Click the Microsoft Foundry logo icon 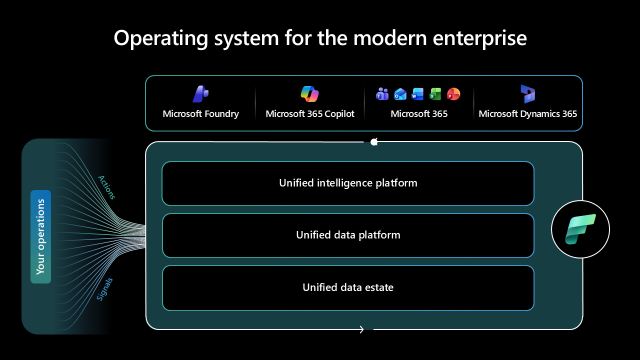click(200, 94)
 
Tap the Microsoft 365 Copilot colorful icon click(309, 94)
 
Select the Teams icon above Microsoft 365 click(382, 93)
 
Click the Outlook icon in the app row click(400, 93)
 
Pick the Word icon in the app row click(417, 93)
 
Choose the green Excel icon click(435, 93)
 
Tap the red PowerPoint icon click(453, 93)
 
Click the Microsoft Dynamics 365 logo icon click(527, 94)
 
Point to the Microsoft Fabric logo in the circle click(580, 229)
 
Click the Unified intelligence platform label click(348, 183)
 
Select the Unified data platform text click(348, 235)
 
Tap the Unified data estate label click(348, 287)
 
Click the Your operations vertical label click(40, 236)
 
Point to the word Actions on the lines click(106, 187)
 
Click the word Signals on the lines click(104, 289)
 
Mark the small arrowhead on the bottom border click(361, 329)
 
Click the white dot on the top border click(374, 142)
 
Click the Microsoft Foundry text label click(200, 114)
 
